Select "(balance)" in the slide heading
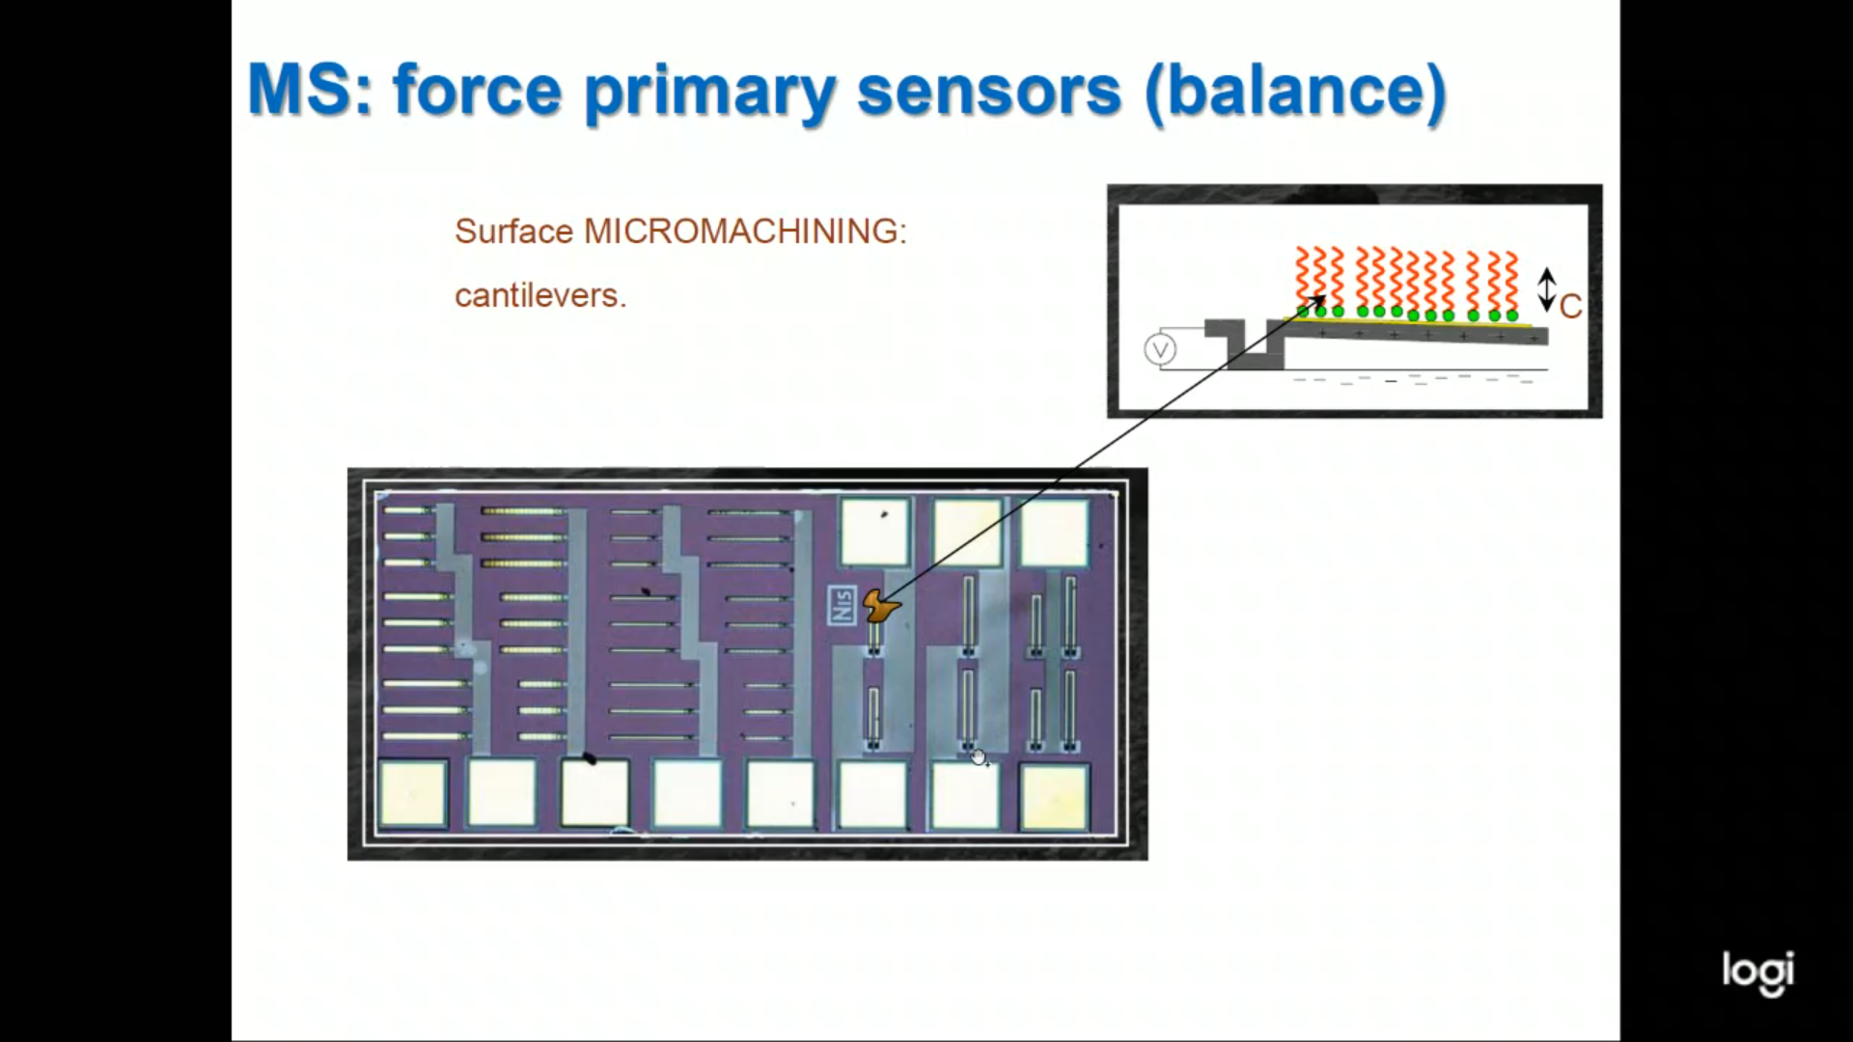(1295, 92)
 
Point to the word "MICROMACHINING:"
(745, 232)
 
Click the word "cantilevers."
(540, 295)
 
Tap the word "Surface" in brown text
(513, 232)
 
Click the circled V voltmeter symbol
(1160, 349)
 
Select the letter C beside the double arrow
(1570, 307)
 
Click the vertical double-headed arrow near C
(1546, 289)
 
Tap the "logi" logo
(1757, 972)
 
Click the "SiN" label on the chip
(842, 605)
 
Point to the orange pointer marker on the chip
(879, 606)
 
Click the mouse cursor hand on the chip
(980, 757)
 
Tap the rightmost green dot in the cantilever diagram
(1512, 315)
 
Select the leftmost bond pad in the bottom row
(413, 795)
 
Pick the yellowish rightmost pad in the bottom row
(1054, 797)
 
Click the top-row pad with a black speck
(875, 531)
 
